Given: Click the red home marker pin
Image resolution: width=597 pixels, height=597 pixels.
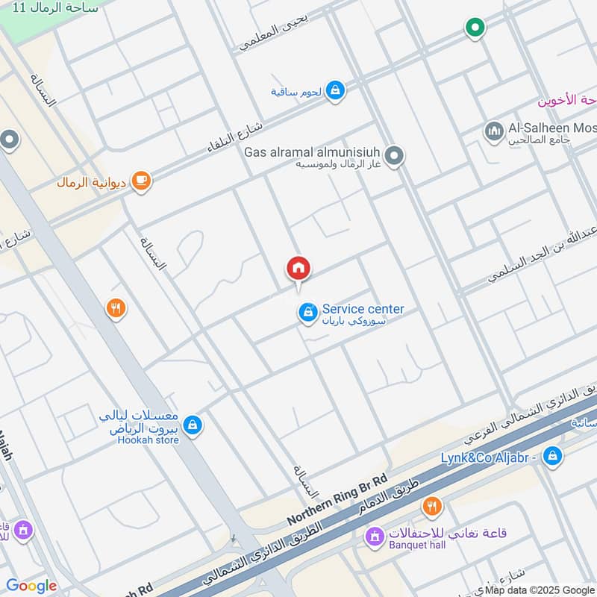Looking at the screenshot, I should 298,269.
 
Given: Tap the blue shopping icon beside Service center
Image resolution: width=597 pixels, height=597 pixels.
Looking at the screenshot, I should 307,313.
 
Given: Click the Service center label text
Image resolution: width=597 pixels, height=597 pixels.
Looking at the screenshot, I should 363,309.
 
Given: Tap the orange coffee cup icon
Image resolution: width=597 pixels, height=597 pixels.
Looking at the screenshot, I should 140,180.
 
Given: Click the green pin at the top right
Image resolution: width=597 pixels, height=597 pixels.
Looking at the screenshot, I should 475,28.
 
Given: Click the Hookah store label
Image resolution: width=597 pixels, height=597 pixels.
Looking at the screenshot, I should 149,440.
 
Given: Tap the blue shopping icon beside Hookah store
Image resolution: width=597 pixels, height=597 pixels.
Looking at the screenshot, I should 193,425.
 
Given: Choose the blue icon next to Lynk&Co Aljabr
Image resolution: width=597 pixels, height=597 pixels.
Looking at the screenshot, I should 552,454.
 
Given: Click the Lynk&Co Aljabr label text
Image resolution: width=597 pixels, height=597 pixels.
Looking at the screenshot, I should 489,456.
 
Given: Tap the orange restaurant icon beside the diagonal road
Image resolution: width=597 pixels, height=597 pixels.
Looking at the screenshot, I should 115,307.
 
